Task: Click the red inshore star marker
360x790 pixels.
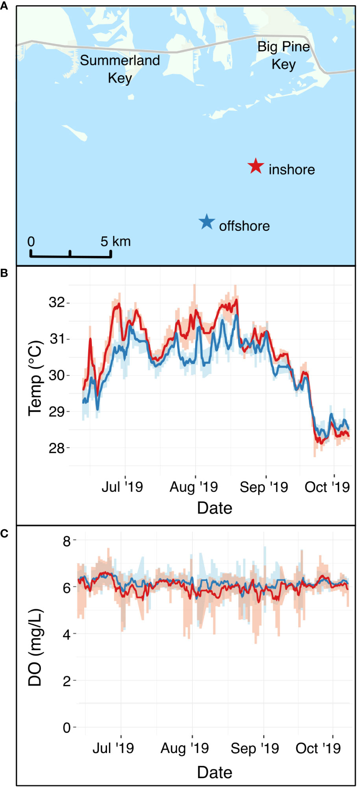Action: (x=256, y=166)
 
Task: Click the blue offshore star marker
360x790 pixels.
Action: (x=207, y=222)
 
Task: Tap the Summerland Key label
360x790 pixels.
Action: (x=120, y=69)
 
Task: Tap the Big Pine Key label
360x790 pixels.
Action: (x=284, y=55)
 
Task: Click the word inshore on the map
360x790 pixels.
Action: (x=292, y=169)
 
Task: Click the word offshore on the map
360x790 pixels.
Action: (x=244, y=226)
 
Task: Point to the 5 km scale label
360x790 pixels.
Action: (x=115, y=241)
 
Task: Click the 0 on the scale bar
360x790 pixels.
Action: (x=31, y=241)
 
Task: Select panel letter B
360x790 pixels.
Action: (x=4, y=273)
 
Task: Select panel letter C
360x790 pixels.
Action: (x=4, y=534)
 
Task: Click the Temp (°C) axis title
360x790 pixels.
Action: (x=35, y=378)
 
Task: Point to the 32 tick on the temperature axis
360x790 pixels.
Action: (x=56, y=302)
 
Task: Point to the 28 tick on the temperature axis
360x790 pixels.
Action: (x=56, y=448)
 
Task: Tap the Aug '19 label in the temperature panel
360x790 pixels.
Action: (x=194, y=487)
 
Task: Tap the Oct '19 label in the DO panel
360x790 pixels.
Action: (x=318, y=748)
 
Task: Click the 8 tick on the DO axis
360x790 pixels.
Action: (x=66, y=541)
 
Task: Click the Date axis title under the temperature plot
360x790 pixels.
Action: (x=214, y=508)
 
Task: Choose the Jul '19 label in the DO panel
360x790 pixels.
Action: (x=113, y=748)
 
